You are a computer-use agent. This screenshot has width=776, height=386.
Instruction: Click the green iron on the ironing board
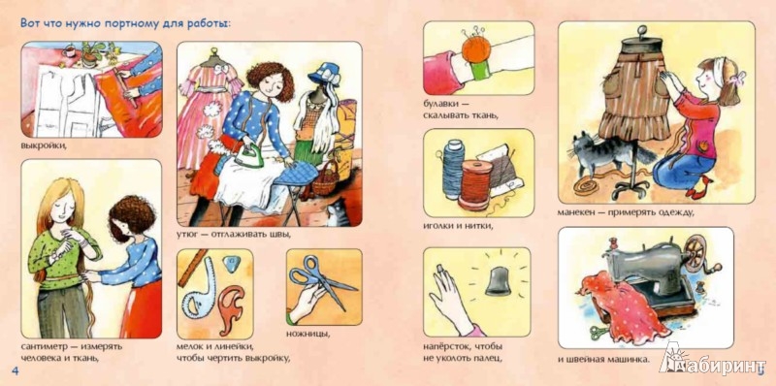click(248, 155)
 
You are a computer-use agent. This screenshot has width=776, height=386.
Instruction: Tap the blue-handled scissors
click(321, 280)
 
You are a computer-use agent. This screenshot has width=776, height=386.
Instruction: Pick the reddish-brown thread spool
click(474, 184)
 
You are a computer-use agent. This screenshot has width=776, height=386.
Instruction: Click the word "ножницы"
click(307, 333)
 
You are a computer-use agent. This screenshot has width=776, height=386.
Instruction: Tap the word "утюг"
click(187, 235)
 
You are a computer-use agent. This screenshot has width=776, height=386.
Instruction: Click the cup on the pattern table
click(69, 51)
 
